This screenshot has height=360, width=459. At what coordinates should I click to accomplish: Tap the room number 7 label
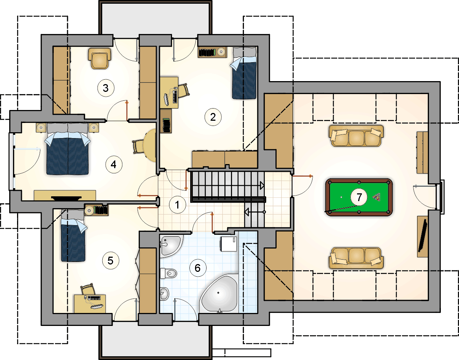coord(359,197)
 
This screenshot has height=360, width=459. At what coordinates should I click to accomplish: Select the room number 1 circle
coord(178,204)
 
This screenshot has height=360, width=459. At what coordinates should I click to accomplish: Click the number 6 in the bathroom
coord(197,268)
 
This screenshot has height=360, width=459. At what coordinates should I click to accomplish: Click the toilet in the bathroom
coord(169,273)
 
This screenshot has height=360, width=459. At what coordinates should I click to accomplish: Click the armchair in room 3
coord(99,58)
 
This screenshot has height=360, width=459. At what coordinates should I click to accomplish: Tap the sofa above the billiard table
coord(356,136)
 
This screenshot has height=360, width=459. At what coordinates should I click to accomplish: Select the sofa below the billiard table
coord(356,258)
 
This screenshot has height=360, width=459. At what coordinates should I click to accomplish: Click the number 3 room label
coord(106,88)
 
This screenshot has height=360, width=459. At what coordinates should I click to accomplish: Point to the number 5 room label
coord(110,260)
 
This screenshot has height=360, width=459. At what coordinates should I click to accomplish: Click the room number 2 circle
coord(213,117)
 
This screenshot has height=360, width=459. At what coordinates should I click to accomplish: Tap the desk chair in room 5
coord(87,289)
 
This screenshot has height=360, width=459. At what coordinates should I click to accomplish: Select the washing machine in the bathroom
coord(228,244)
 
